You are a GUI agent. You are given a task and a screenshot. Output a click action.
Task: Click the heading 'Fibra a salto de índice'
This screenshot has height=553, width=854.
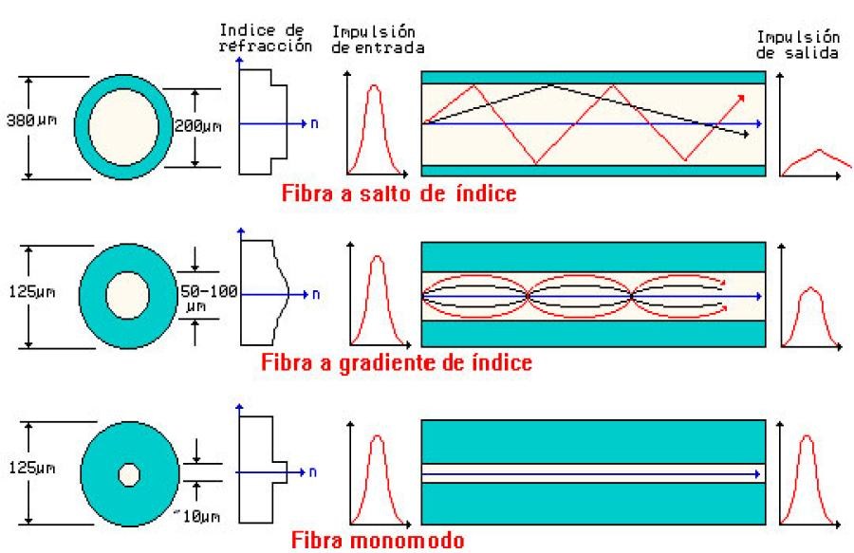399,193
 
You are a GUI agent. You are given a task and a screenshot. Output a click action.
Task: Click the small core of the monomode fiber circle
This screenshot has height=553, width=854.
128,474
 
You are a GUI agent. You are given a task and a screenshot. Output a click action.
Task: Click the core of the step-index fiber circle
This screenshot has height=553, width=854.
129,124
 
